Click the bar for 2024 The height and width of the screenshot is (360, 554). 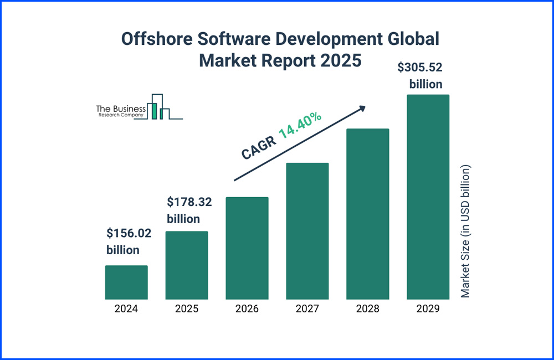126,282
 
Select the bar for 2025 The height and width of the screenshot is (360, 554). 187,265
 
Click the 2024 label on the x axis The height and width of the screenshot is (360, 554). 126,309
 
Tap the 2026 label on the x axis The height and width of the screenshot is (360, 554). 247,309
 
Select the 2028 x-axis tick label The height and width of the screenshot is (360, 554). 368,309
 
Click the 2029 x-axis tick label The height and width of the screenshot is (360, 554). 428,309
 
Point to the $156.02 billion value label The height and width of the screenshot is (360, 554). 129,241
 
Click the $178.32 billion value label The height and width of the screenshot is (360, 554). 189,210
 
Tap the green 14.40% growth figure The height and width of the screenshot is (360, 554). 300,125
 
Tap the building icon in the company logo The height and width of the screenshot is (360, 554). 160,107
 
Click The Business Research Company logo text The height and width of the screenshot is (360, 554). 121,111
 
